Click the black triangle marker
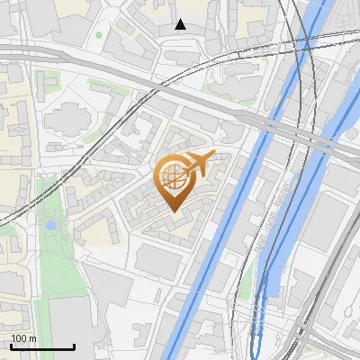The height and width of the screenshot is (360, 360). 181,24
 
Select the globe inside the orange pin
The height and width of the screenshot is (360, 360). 172,175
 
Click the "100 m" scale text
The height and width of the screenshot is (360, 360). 23,338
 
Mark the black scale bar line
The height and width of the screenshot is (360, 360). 42,346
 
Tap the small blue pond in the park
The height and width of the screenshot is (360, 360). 51,224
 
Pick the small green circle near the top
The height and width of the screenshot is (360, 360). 99,36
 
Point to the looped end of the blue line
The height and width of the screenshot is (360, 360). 257,346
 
